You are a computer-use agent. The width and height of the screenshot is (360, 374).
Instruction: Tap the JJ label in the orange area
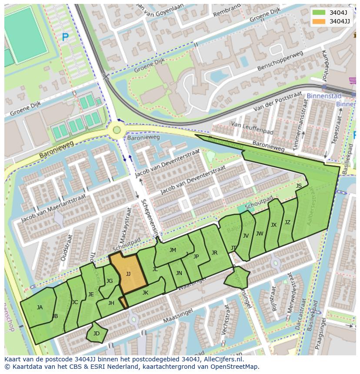(128, 274)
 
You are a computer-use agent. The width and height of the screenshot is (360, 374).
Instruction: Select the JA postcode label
(40, 308)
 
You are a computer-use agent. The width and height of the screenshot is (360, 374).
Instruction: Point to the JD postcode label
(97, 334)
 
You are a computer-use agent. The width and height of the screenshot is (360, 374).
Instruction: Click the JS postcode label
(299, 186)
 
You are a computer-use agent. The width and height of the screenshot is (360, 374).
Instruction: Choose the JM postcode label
(173, 250)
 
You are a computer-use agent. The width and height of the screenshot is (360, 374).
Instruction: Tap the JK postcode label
(145, 293)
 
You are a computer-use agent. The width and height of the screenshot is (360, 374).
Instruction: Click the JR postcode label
(214, 253)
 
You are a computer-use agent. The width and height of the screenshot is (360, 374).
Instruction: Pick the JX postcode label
(273, 225)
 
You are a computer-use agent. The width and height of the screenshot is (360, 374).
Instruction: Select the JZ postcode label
(287, 222)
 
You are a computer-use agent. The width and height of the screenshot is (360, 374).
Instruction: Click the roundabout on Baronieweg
(116, 129)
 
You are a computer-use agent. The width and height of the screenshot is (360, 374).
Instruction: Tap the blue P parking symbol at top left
(65, 38)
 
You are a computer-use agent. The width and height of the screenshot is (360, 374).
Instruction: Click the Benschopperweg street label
(280, 61)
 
